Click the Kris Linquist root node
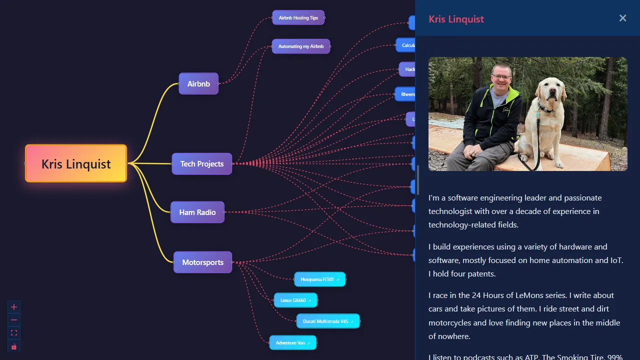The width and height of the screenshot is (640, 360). [76, 163]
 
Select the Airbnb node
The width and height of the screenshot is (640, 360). [198, 83]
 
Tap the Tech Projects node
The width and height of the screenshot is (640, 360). [202, 163]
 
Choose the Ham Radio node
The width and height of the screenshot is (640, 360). [197, 212]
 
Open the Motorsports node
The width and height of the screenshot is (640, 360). [202, 262]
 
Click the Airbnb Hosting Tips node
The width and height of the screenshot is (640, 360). [298, 17]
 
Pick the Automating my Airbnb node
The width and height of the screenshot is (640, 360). [301, 46]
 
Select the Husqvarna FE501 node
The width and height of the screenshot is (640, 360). [319, 279]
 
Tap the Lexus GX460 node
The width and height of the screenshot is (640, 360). [295, 300]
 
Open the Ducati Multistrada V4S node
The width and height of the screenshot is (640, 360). [327, 321]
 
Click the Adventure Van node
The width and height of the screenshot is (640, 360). [292, 342]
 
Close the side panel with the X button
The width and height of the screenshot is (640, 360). [622, 18]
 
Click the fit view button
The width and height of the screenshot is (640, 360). [14, 333]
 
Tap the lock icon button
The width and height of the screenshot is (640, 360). [14, 346]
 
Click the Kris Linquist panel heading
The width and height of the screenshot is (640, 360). [456, 19]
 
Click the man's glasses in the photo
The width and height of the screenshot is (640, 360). [501, 77]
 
